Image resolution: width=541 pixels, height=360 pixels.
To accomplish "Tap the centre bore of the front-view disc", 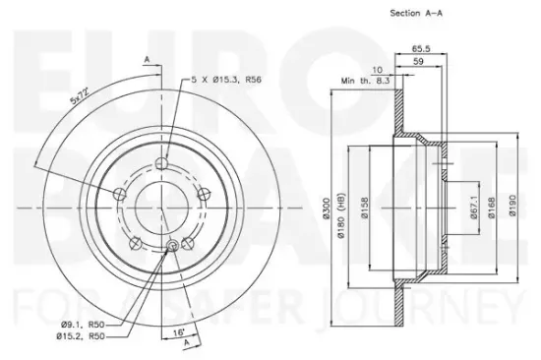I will click(162, 198).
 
